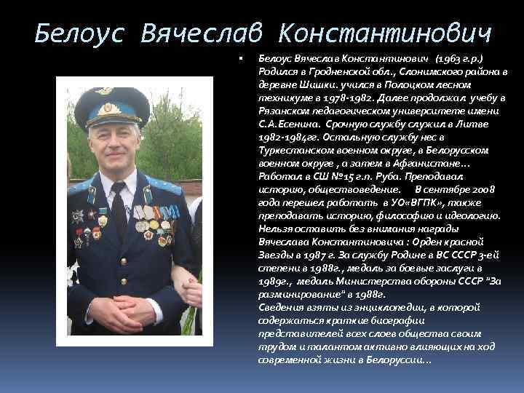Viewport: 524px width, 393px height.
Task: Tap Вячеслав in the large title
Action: pos(205,32)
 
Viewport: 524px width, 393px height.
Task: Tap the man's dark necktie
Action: pos(119,215)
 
